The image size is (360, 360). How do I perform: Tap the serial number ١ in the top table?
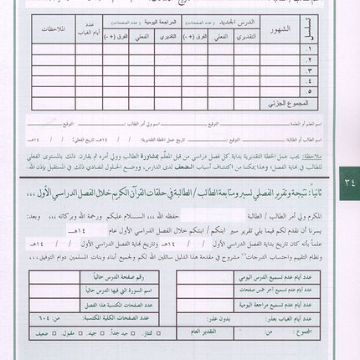[312, 49]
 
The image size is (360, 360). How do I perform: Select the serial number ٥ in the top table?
[312, 93]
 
